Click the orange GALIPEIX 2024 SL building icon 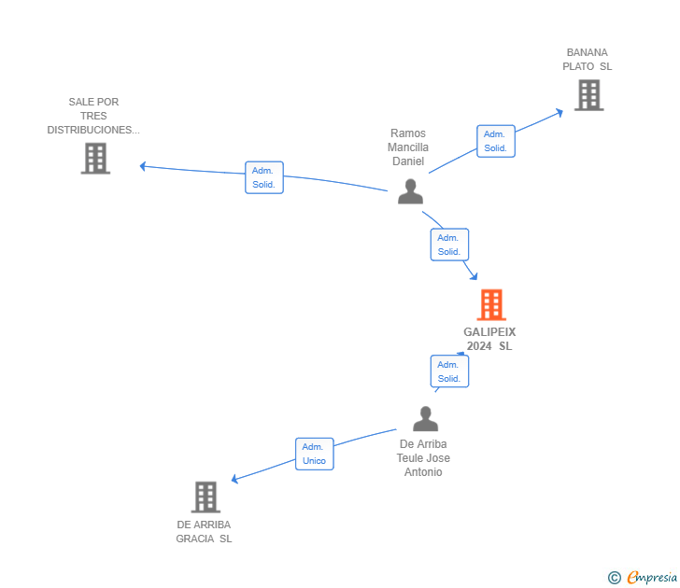click(490, 304)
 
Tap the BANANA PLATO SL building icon click(588, 94)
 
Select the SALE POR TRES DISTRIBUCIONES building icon click(95, 158)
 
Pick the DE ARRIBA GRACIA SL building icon click(205, 497)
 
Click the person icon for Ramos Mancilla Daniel click(410, 190)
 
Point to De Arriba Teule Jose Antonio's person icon click(425, 419)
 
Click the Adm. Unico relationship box click(314, 454)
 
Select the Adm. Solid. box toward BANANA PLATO click(495, 141)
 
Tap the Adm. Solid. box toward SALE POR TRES click(264, 177)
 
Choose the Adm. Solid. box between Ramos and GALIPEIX click(449, 245)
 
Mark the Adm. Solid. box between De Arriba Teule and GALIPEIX click(449, 371)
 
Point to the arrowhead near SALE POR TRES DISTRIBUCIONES click(144, 166)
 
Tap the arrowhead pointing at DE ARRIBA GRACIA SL click(235, 480)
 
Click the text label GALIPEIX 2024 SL click(489, 339)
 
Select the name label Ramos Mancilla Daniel click(408, 147)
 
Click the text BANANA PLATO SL click(587, 60)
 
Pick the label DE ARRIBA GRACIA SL click(204, 532)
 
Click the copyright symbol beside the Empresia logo click(614, 578)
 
